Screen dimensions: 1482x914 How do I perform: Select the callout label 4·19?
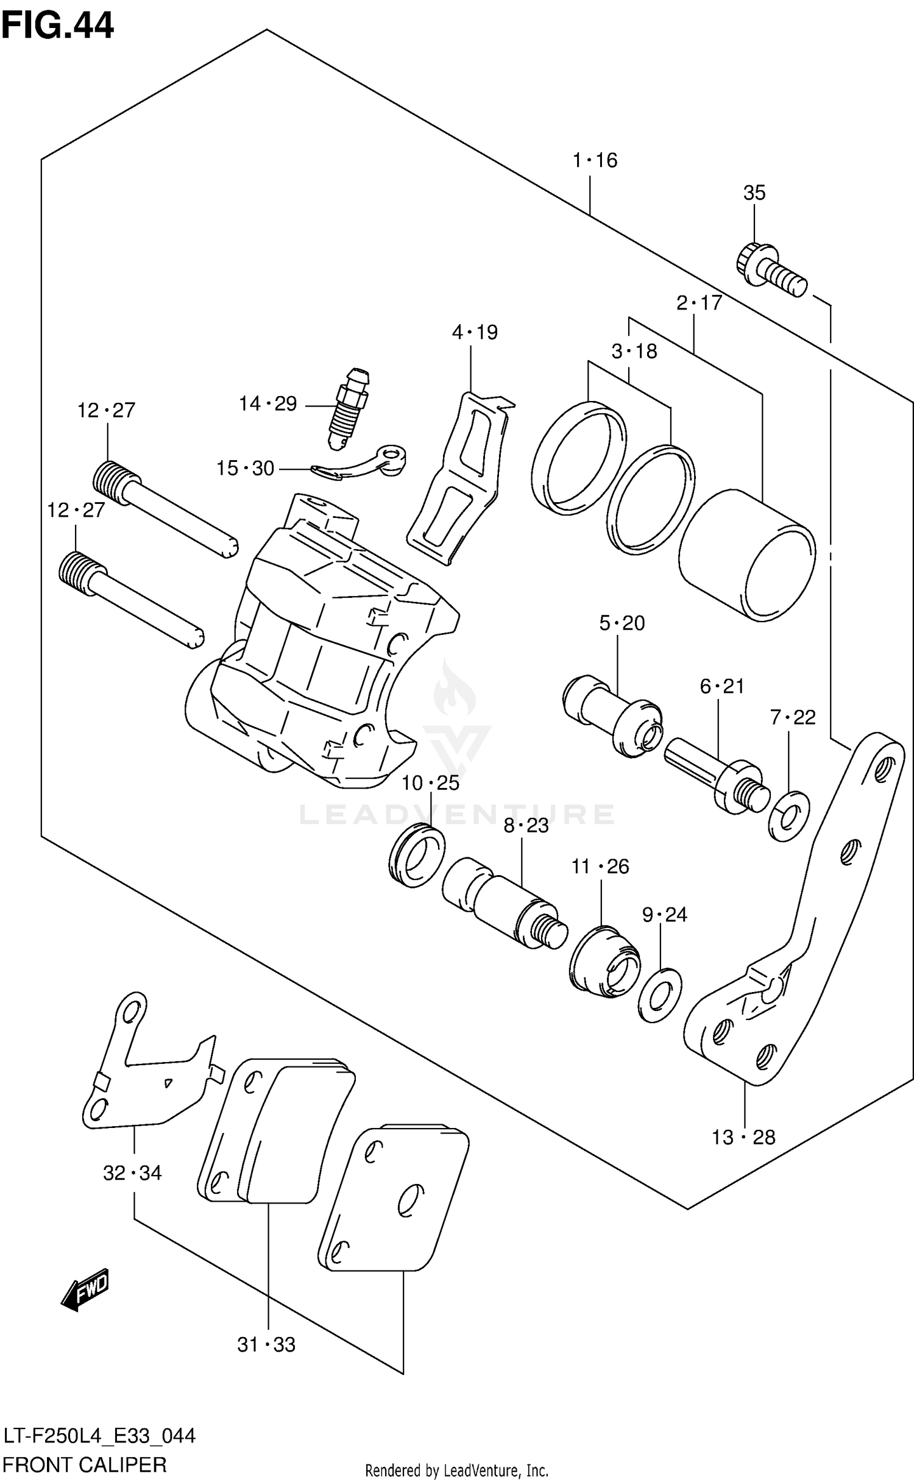[475, 333]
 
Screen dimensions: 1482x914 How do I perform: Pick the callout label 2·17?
[699, 302]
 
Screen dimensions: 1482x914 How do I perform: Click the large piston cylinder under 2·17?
[746, 555]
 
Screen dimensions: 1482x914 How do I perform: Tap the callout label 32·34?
[132, 1173]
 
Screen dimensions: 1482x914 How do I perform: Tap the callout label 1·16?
[595, 160]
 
